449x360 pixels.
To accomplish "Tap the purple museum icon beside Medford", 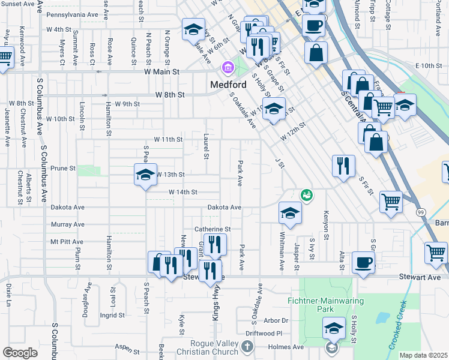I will (x=228, y=67).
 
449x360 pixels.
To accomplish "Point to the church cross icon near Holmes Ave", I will (x=247, y=346).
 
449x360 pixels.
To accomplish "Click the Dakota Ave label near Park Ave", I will (x=224, y=207).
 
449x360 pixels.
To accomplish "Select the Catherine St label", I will (x=212, y=229).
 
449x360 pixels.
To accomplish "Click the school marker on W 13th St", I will (x=145, y=175).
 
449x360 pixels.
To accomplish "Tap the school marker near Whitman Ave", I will (x=290, y=213).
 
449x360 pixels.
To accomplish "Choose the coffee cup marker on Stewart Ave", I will (x=363, y=262).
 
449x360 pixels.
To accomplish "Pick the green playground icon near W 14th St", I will (x=307, y=195).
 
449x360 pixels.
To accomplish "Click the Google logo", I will (x=20, y=353).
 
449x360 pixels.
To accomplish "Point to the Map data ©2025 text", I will (x=423, y=355).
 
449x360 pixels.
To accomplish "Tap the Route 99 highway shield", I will (x=420, y=212).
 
